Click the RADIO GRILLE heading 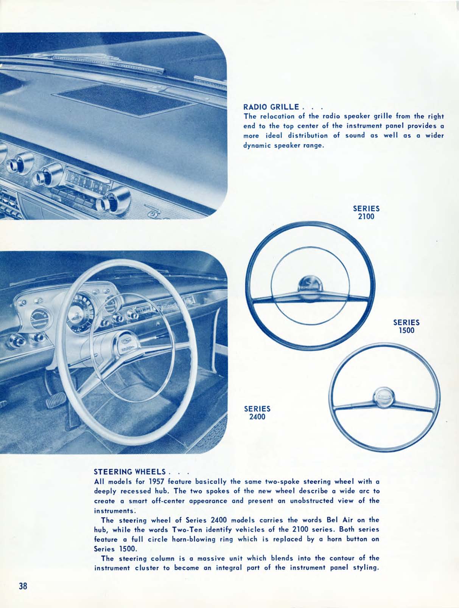click(x=272, y=107)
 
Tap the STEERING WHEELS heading click(x=129, y=472)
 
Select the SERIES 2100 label click(x=366, y=212)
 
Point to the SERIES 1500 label click(x=406, y=326)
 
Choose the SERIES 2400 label click(x=257, y=413)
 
